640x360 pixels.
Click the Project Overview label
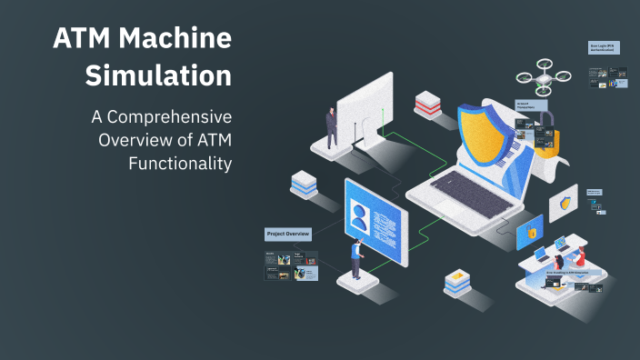(288, 234)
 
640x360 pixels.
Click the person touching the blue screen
(356, 258)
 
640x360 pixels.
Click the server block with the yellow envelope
(457, 283)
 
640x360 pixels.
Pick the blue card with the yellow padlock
(529, 232)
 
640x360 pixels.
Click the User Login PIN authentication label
(605, 47)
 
